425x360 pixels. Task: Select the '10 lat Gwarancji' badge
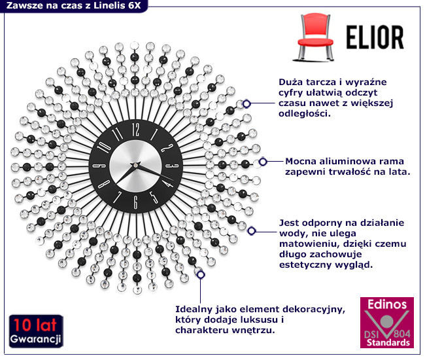[35, 333]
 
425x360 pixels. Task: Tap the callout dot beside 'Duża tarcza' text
[246, 103]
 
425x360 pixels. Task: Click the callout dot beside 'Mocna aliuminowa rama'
[262, 162]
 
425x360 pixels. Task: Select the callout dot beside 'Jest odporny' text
[251, 230]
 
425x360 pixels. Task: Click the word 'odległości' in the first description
[301, 113]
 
